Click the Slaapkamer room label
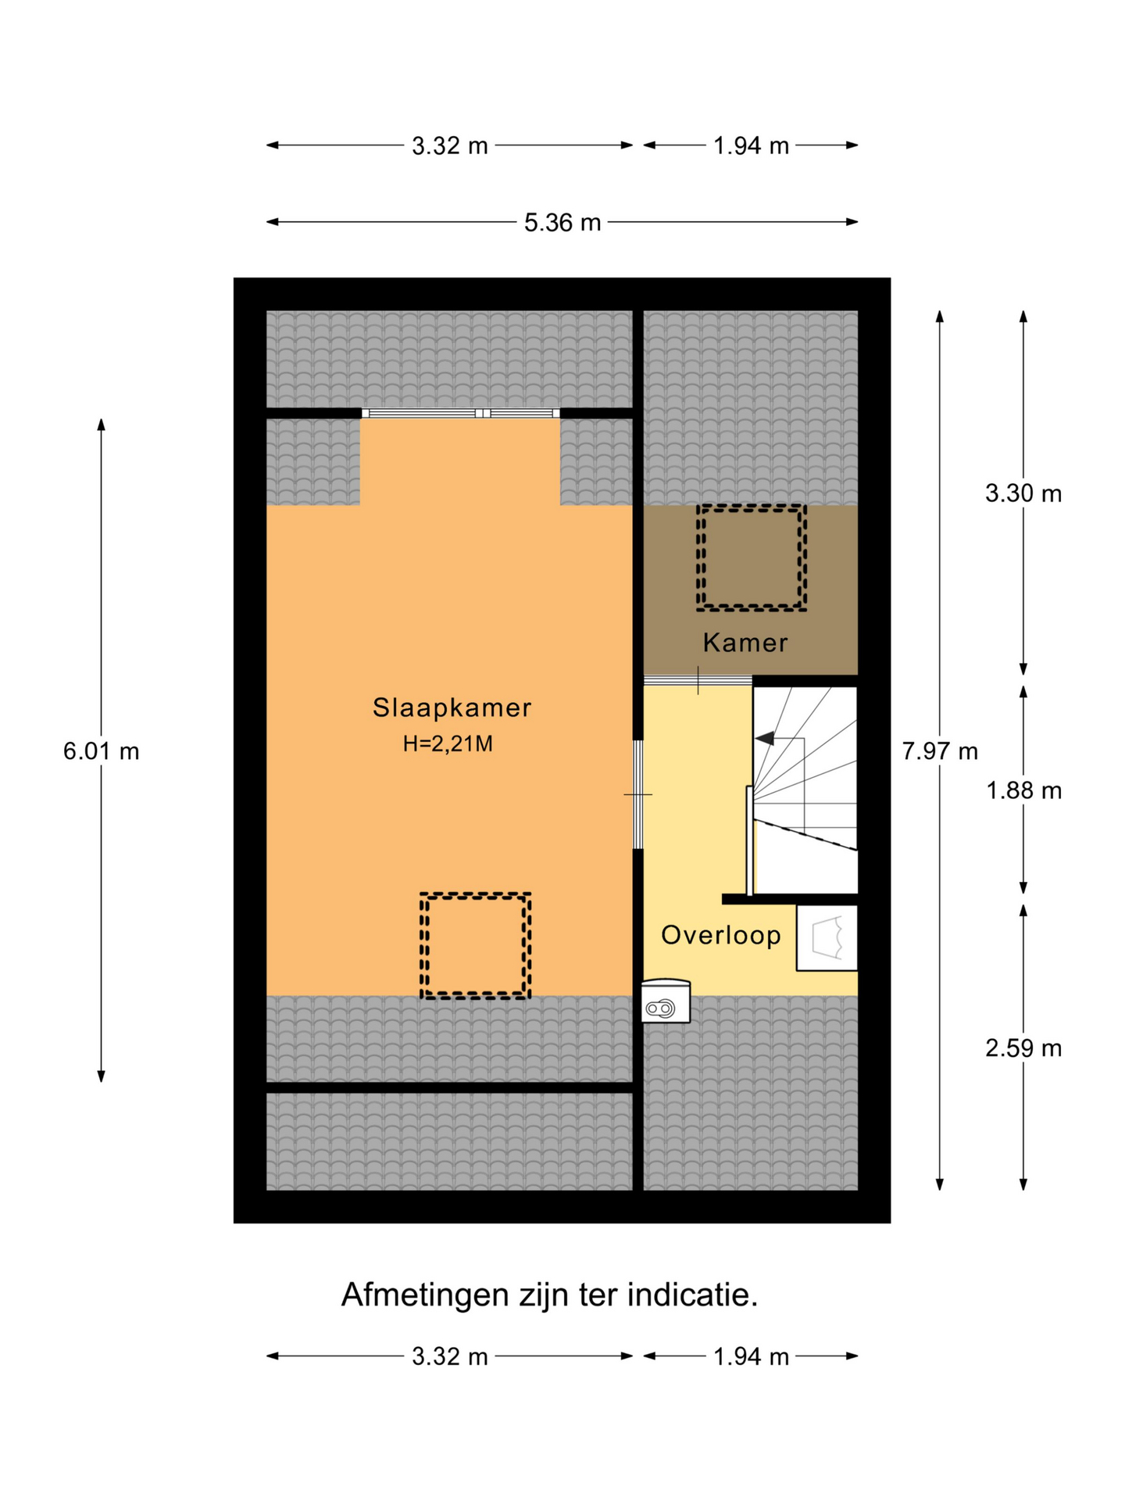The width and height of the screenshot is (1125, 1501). pyautogui.click(x=452, y=708)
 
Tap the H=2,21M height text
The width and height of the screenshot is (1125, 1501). pyautogui.click(x=448, y=744)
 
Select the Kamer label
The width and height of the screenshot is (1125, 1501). pyautogui.click(x=745, y=643)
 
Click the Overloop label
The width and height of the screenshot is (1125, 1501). pyautogui.click(x=721, y=935)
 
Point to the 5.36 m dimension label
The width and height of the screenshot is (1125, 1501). pyautogui.click(x=562, y=223)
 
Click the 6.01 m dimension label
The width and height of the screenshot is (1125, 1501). pyautogui.click(x=102, y=751)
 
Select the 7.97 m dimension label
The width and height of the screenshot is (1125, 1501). pyautogui.click(x=940, y=751)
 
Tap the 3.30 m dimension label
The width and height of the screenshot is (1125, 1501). pyautogui.click(x=1023, y=493)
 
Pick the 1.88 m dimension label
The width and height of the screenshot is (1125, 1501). pyautogui.click(x=1023, y=791)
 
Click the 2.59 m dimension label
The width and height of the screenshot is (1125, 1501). pyautogui.click(x=1023, y=1048)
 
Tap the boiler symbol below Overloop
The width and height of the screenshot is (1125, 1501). pyautogui.click(x=666, y=1001)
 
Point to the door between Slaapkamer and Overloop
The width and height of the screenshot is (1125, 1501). pyautogui.click(x=637, y=794)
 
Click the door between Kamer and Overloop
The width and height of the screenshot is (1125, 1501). pyautogui.click(x=698, y=681)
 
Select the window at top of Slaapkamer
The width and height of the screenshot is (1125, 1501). pyautogui.click(x=461, y=414)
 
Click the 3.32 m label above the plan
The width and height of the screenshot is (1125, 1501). pyautogui.click(x=450, y=146)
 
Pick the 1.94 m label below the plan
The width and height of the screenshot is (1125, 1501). pyautogui.click(x=751, y=1357)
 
